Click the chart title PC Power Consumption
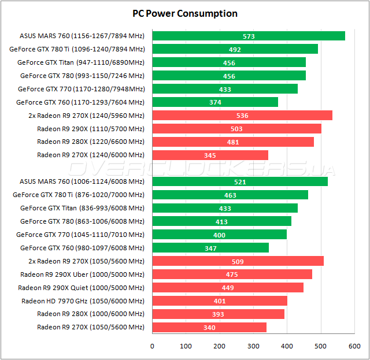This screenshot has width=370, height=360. point(184,13)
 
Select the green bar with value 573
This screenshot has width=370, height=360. point(248,36)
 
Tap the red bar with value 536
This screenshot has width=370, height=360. point(242,116)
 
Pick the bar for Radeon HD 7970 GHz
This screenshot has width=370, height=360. point(219,300)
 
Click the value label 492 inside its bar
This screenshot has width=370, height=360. point(235,50)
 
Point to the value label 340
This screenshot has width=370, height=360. point(209,328)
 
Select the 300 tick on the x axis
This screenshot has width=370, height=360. point(253,346)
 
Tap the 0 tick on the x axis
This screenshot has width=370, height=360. point(152,346)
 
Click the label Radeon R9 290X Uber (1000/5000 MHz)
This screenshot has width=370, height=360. point(82,274)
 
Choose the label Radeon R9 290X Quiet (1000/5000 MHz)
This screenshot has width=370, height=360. point(81,288)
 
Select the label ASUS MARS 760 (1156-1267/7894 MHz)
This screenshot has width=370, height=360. point(82,36)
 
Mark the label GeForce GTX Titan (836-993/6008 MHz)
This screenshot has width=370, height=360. point(82,208)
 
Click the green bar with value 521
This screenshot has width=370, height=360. point(239,181)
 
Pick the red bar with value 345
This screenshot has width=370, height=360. point(210,155)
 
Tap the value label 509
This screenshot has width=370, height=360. point(238,261)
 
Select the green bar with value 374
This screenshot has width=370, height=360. point(214,102)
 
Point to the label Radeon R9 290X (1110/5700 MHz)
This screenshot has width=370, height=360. point(90,129)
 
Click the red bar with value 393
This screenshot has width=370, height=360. point(218,314)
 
